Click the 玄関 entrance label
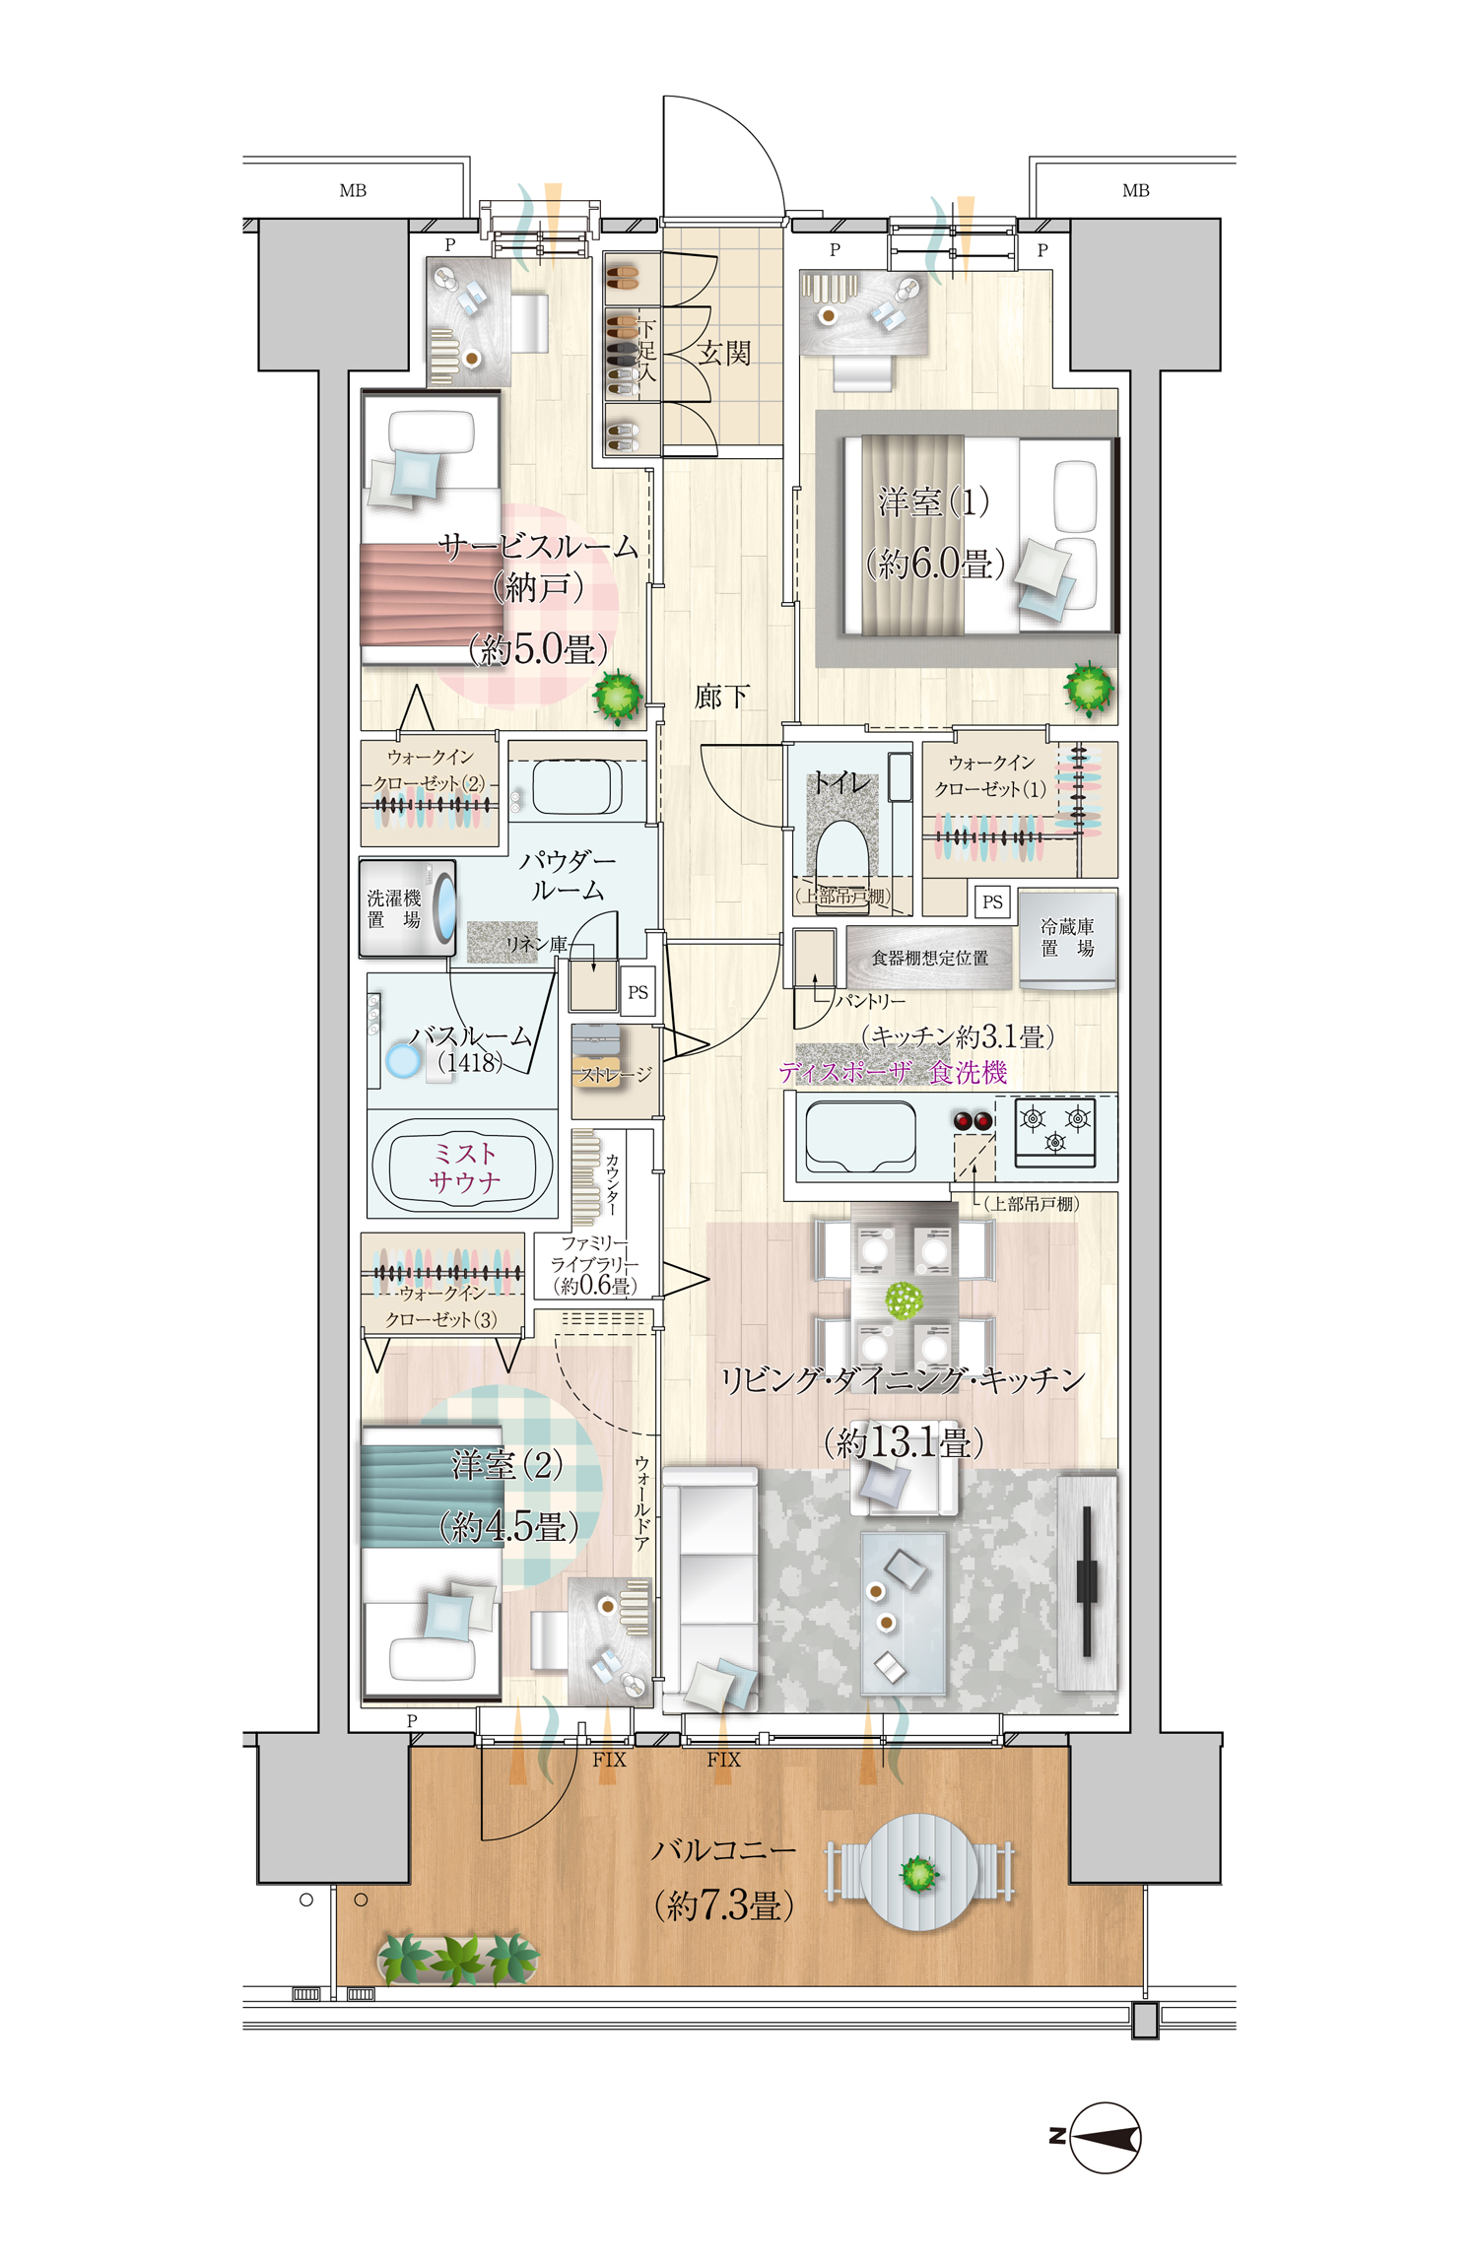click(x=724, y=353)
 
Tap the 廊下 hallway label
click(x=721, y=697)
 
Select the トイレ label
click(x=840, y=782)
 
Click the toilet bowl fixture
click(x=841, y=852)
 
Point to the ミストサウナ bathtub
click(x=462, y=1167)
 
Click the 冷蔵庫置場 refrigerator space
click(x=1068, y=939)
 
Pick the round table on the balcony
click(x=919, y=1872)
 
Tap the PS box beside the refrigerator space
click(x=992, y=901)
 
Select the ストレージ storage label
click(x=615, y=1074)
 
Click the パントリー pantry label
click(x=870, y=1001)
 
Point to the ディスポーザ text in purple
click(x=845, y=1072)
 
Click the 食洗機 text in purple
click(x=969, y=1072)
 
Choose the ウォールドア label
click(x=641, y=1502)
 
